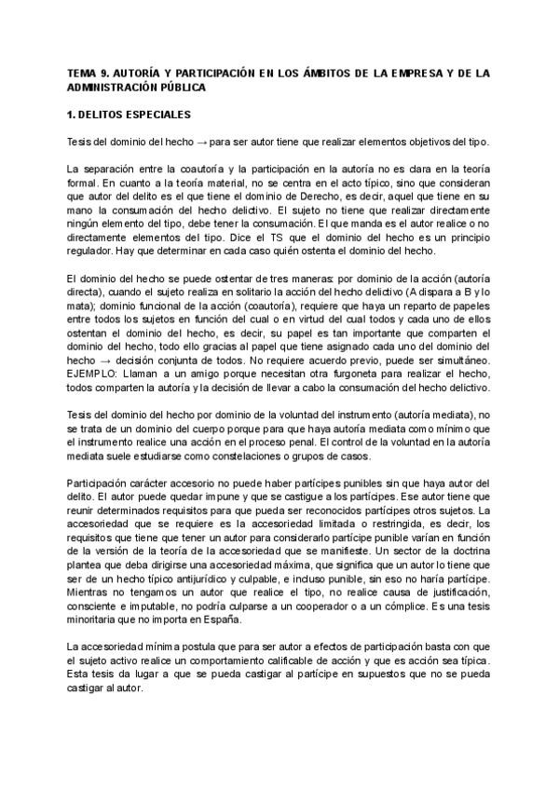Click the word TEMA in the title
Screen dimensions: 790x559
pyautogui.click(x=81, y=71)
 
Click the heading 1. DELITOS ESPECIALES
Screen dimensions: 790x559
pyautogui.click(x=130, y=116)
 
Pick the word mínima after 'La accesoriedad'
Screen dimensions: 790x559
pyautogui.click(x=162, y=647)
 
